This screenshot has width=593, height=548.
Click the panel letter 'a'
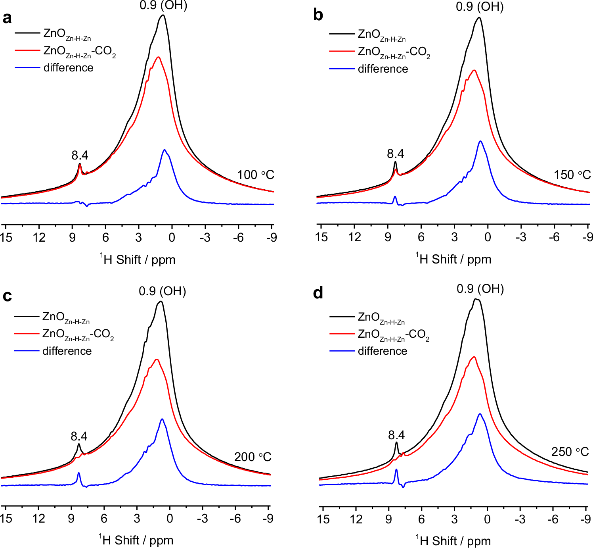point(7,18)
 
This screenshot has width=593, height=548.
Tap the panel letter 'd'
point(318,293)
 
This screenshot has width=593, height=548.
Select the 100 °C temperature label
point(256,175)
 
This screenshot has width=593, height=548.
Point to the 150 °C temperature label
point(572,175)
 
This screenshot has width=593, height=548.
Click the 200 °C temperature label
point(253,457)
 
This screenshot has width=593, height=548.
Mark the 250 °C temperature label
point(570,452)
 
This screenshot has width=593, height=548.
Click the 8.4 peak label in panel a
point(80,155)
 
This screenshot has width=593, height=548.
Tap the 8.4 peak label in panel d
point(396,435)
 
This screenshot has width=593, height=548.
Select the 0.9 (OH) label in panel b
point(480,7)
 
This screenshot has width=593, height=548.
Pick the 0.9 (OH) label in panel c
point(163,291)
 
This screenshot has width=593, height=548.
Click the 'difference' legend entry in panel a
point(68,68)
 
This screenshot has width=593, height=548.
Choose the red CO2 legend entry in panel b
point(394,52)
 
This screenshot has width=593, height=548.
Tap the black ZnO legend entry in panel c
point(66,317)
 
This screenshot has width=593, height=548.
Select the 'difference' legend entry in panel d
point(382,351)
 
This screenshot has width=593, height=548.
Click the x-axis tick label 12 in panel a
point(39,237)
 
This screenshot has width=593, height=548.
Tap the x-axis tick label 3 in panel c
point(137,518)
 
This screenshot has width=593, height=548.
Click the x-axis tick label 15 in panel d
point(323,519)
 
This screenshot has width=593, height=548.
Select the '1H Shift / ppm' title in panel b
point(453,259)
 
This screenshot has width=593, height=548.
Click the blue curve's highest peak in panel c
point(162,419)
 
